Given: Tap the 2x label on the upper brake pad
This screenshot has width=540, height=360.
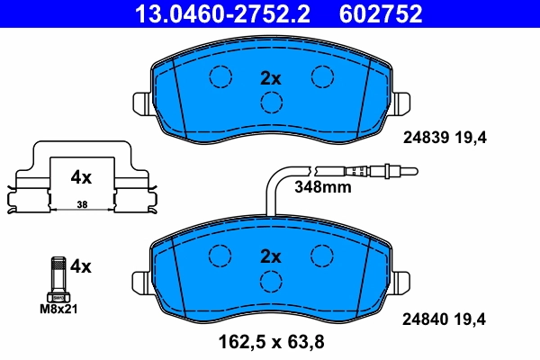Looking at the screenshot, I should pyautogui.click(x=271, y=78).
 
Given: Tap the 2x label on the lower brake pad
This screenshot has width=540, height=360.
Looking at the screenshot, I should pyautogui.click(x=271, y=256).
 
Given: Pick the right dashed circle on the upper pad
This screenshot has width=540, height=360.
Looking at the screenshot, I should pyautogui.click(x=321, y=77).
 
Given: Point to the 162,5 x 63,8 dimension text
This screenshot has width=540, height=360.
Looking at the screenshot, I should pyautogui.click(x=271, y=342).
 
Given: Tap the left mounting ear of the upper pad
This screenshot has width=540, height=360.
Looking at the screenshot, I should pyautogui.click(x=140, y=103).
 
